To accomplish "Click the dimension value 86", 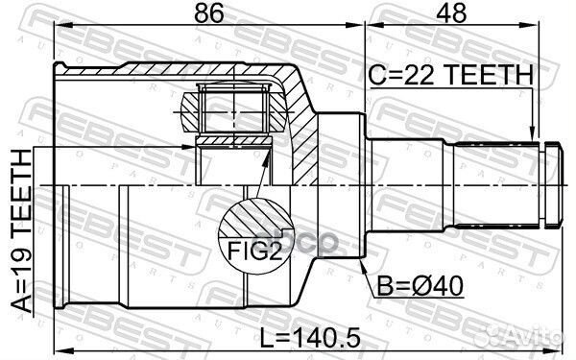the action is pyautogui.click(x=208, y=13).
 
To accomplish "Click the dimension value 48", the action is pyautogui.click(x=451, y=13).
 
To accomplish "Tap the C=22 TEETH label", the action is pyautogui.click(x=450, y=74).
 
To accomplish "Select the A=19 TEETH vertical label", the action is pyautogui.click(x=22, y=231).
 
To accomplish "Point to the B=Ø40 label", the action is pyautogui.click(x=420, y=285).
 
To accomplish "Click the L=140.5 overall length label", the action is pyautogui.click(x=310, y=338).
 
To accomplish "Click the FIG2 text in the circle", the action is pyautogui.click(x=255, y=251).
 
